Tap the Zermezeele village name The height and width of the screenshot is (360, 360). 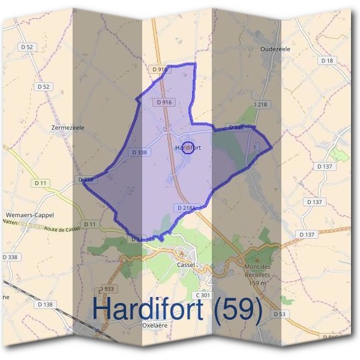[68, 128]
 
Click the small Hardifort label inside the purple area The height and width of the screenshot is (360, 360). [188, 147]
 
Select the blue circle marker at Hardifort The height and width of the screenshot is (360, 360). [188, 148]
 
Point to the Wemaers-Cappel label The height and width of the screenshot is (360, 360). [29, 214]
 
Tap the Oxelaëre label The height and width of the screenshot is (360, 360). [154, 326]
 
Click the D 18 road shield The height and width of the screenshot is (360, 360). [326, 61]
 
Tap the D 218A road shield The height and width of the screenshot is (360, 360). [186, 208]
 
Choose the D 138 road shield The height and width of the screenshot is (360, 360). [45, 304]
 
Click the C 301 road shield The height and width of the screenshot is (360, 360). [203, 295]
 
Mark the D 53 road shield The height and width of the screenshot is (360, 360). [280, 314]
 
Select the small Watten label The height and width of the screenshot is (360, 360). [10, 221]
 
